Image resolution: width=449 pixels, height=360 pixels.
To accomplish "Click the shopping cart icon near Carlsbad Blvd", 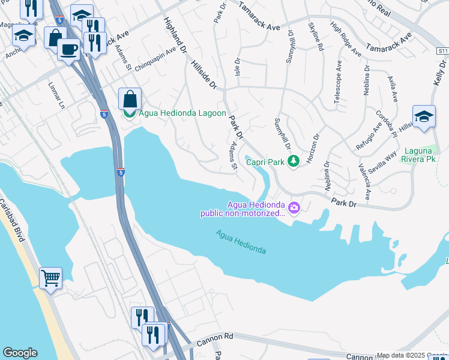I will point(50,278).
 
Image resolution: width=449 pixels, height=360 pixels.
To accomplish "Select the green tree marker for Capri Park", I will point(293,161).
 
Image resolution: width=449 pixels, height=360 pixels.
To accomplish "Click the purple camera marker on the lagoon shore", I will point(294,208).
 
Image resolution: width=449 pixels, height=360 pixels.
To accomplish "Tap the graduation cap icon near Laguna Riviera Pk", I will point(423,117).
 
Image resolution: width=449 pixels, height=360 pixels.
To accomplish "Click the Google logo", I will point(19,353).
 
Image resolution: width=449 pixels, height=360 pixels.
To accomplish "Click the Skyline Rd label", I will point(316,36).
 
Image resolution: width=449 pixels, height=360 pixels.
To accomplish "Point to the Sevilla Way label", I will point(384,162).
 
